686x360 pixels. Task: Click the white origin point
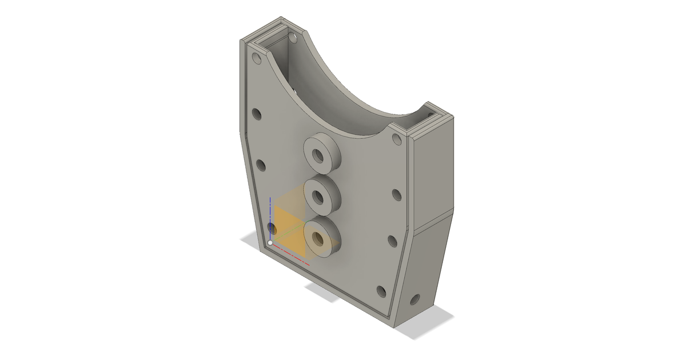(x=270, y=243)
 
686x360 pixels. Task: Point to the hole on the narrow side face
(x=414, y=299)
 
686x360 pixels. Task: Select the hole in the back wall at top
(x=293, y=39)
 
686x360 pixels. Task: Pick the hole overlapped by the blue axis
(x=272, y=229)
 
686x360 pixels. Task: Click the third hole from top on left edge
(x=261, y=166)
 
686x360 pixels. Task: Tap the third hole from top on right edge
(x=392, y=241)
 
